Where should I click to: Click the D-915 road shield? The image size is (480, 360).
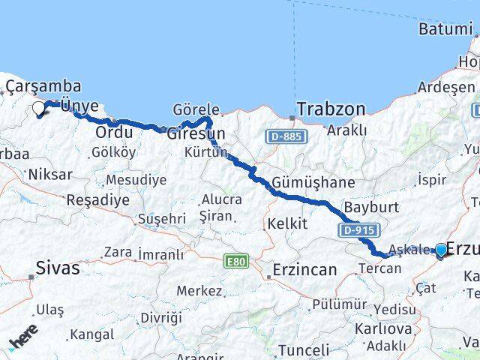coord(360,229)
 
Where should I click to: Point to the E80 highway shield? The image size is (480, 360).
coord(235,261)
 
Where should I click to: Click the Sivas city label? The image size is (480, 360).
coord(58,268)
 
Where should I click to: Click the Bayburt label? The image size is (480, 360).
coord(366,206)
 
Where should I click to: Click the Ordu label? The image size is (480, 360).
coord(114,133)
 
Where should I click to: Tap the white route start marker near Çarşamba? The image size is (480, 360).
coord(39,109)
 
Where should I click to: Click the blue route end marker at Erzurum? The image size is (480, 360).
coord(440,251)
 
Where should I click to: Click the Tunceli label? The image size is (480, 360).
coord(303,349)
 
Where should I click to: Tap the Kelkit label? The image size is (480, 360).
coord(287,223)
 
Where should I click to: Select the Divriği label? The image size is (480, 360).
coord(161,317)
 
